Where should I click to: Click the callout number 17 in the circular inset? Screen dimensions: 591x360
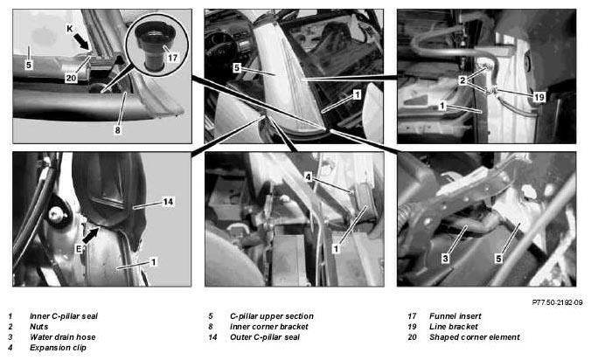(172, 58)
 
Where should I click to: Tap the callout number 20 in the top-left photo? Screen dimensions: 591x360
(71, 78)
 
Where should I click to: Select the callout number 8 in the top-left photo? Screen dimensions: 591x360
(118, 130)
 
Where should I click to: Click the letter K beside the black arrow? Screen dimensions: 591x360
(70, 29)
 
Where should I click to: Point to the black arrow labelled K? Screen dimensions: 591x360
(82, 41)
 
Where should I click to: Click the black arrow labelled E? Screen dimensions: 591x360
(90, 235)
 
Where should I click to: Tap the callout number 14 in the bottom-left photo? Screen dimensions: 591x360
(168, 202)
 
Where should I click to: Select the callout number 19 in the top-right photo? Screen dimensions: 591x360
(539, 97)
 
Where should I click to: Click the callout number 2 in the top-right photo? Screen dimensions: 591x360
(462, 80)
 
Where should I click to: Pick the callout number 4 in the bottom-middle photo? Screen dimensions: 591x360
(308, 177)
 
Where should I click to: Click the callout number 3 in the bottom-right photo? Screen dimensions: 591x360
(446, 259)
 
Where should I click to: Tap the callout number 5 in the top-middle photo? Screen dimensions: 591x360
(236, 68)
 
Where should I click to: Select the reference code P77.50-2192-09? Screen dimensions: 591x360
(557, 302)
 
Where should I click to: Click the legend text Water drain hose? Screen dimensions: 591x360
(63, 337)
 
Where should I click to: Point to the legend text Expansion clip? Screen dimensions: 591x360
(58, 348)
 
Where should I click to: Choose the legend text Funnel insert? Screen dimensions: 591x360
(455, 316)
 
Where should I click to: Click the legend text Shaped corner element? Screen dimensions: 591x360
(475, 337)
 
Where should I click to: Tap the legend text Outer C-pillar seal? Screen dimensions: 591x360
(265, 337)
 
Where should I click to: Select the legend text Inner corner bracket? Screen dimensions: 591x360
(268, 327)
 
